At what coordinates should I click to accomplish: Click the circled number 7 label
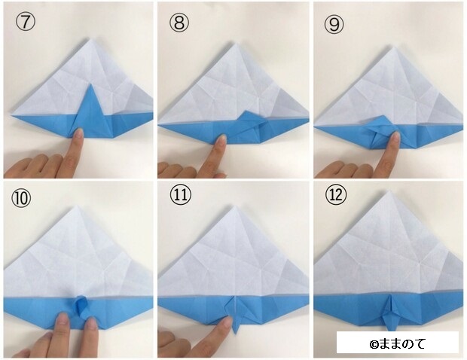click(x=26, y=22)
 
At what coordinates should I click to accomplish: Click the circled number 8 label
click(x=179, y=23)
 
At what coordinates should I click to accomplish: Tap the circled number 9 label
click(x=334, y=24)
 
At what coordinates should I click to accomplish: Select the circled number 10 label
click(x=21, y=198)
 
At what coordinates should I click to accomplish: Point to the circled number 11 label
click(x=180, y=195)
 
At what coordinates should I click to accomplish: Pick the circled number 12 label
click(x=336, y=194)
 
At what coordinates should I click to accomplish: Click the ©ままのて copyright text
click(x=397, y=344)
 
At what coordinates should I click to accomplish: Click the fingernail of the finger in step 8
click(x=222, y=139)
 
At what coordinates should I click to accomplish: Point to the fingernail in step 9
click(x=395, y=137)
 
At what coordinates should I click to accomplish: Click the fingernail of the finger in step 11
click(x=227, y=321)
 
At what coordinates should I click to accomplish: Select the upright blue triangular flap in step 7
click(x=90, y=111)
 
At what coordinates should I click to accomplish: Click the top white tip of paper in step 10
click(x=78, y=206)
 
